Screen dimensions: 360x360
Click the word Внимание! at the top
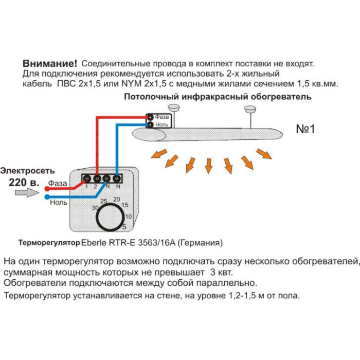pos(50,63)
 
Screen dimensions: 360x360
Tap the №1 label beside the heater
pos(305,129)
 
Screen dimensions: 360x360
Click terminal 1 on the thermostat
pos(87,178)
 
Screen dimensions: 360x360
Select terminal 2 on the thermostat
pos(96,178)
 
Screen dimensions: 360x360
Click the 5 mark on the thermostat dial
pos(124,226)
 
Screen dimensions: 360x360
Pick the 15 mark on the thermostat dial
pos(125,206)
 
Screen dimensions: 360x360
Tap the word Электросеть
pos(27,171)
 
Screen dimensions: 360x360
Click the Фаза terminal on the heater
pos(151,117)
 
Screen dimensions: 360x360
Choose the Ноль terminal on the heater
pos(151,124)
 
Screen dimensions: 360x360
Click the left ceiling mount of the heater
pos(174,108)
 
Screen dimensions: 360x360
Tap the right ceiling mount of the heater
pos(250,109)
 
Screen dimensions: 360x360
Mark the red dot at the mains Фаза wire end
pos(47,188)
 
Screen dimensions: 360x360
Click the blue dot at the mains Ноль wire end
pos(47,196)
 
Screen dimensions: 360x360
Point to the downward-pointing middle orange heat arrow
pos(208,165)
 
